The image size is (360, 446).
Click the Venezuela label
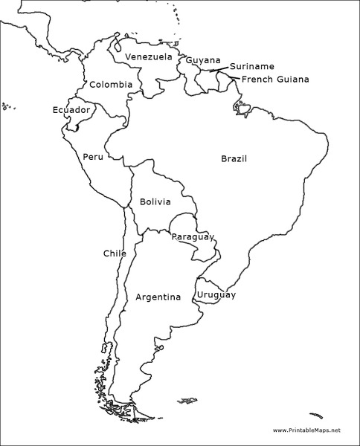click(x=148, y=57)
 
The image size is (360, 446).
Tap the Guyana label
click(x=203, y=60)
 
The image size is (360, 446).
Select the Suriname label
click(x=251, y=66)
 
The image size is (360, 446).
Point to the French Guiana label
click(x=275, y=80)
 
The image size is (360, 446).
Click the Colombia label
click(x=111, y=85)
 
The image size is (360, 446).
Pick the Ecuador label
click(x=71, y=110)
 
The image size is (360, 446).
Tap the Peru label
click(x=93, y=157)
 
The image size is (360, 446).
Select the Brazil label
click(x=234, y=158)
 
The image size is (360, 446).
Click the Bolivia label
click(x=155, y=201)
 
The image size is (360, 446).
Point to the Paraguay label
click(x=193, y=237)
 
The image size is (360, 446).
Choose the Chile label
click(x=115, y=253)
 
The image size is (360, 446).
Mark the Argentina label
click(x=158, y=297)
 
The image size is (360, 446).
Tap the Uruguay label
click(x=216, y=295)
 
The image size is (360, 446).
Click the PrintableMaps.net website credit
click(x=306, y=430)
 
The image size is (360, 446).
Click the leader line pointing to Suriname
click(x=219, y=70)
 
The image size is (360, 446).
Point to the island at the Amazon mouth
click(x=242, y=108)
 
